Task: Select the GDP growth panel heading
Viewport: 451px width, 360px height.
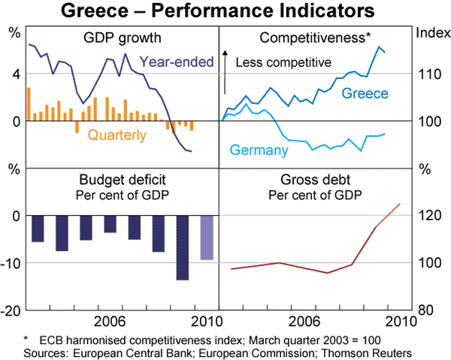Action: [x=123, y=37]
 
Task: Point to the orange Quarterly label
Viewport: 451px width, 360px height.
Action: [x=117, y=135]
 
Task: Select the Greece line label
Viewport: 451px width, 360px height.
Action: [x=365, y=93]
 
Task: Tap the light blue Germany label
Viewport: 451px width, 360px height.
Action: [x=259, y=150]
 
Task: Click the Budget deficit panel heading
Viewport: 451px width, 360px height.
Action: [x=123, y=181]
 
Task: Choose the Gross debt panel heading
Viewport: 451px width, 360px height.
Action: [x=315, y=181]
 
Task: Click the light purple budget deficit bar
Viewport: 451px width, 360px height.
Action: [x=206, y=237]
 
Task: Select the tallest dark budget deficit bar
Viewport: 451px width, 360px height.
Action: [x=182, y=248]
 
